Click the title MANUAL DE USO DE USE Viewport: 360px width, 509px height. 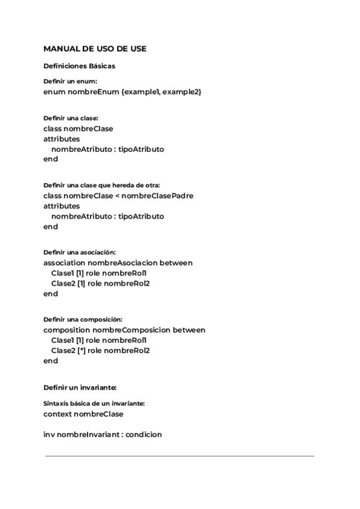(x=95, y=49)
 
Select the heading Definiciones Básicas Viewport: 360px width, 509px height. (x=79, y=66)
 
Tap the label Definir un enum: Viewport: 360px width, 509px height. (x=70, y=81)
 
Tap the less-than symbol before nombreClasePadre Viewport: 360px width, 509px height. (x=116, y=196)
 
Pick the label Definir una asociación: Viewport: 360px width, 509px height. (x=79, y=253)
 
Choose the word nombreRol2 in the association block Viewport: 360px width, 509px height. (x=127, y=283)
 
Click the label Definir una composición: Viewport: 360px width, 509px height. (x=83, y=320)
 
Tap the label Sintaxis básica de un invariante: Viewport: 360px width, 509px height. (x=94, y=404)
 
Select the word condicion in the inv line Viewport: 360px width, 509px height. (x=144, y=435)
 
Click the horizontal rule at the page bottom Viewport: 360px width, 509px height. (x=179, y=456)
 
